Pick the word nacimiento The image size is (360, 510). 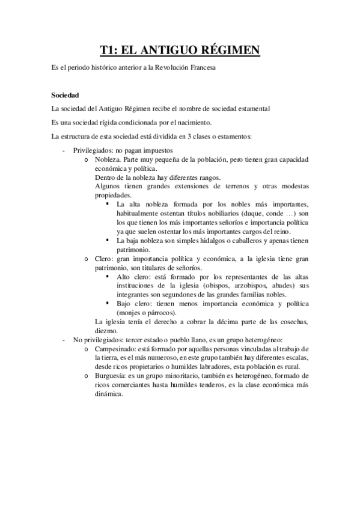point(163,122)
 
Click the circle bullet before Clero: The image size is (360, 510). point(88,259)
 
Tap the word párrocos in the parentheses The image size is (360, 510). point(160,313)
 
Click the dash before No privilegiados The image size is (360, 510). point(64,340)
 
